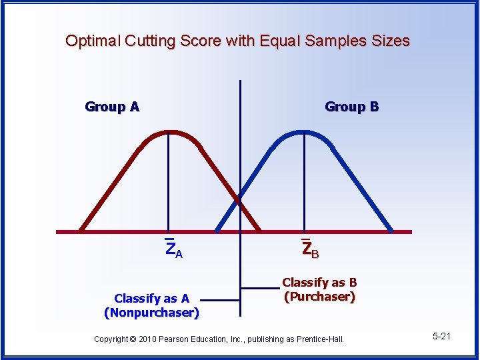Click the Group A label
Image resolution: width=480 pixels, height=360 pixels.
coord(112,107)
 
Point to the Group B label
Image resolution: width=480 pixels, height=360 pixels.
coord(351,107)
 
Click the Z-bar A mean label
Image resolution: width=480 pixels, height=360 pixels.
coord(173,250)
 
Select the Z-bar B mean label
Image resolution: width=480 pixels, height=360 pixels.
coord(309,250)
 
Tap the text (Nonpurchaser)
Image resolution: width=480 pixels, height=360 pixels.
coord(151,311)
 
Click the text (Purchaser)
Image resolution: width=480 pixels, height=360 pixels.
coord(319,297)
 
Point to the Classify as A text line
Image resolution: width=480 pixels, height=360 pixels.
coord(151,298)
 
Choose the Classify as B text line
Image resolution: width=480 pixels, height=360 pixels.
coord(319,283)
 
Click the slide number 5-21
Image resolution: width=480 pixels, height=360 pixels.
coord(441,336)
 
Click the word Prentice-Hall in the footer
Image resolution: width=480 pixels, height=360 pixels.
coord(320,339)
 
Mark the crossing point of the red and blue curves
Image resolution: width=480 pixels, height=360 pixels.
coord(237,199)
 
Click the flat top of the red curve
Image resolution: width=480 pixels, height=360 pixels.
coord(169,131)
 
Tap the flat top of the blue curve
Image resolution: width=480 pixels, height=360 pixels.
coord(304,131)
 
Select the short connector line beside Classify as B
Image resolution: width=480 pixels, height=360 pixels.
coord(260,288)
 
